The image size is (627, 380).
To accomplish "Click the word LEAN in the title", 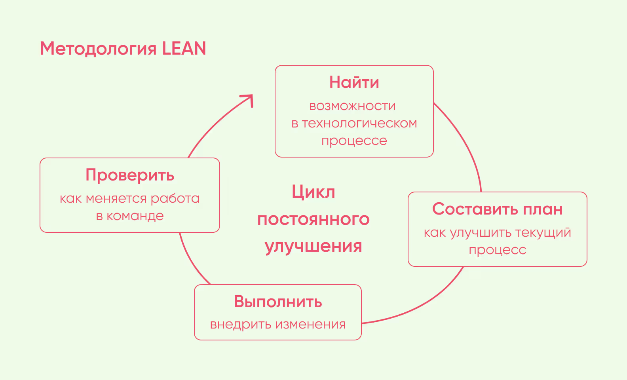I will coord(184,49).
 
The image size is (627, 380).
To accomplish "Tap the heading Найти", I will coord(354,82).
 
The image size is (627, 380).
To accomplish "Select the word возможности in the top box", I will coord(352,106).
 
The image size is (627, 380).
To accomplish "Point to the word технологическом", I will coord(359,123).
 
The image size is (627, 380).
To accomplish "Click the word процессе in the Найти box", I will coord(354,141).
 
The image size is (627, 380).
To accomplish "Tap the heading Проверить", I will coord(130,175).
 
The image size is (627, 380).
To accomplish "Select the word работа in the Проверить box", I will coord(175,198).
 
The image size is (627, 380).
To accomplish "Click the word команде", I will coord(135,216).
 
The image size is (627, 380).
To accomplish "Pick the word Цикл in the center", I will coord(313,192).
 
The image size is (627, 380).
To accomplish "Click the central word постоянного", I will coord(313,219).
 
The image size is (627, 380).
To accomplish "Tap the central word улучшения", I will coord(313,246).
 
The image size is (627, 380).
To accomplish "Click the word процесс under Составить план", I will coord(498,250).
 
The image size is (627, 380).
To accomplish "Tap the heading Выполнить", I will coord(278,302).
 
